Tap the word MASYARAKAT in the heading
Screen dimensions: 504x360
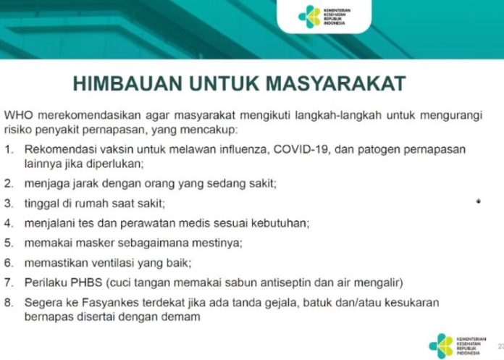pos(335,83)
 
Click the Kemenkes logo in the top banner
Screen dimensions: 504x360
pos(324,17)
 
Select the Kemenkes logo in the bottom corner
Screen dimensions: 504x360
pos(458,346)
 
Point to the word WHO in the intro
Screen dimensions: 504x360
pos(19,115)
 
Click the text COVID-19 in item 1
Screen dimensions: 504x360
pos(301,149)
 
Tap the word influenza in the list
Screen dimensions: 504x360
pos(244,149)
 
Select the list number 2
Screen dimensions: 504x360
pos(9,183)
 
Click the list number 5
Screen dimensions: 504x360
pos(9,243)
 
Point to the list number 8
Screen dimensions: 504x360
pos(9,303)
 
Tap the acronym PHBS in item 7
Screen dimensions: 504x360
pos(86,282)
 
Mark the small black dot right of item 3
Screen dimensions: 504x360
pos(479,201)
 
